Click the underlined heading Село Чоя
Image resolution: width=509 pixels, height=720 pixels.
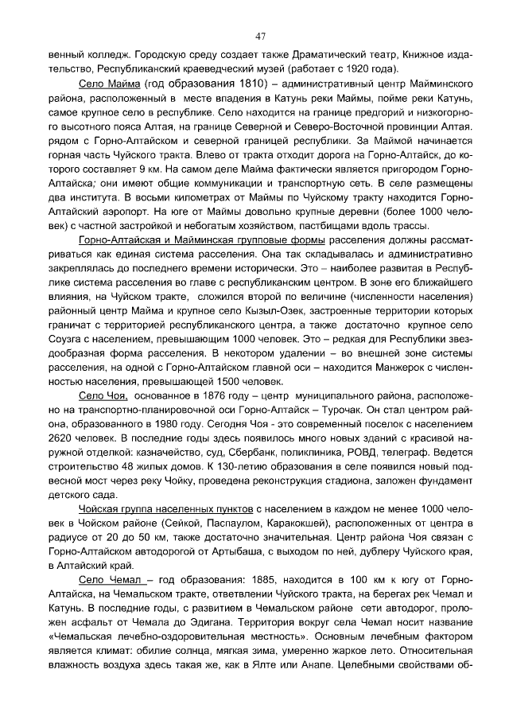tap(103, 395)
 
